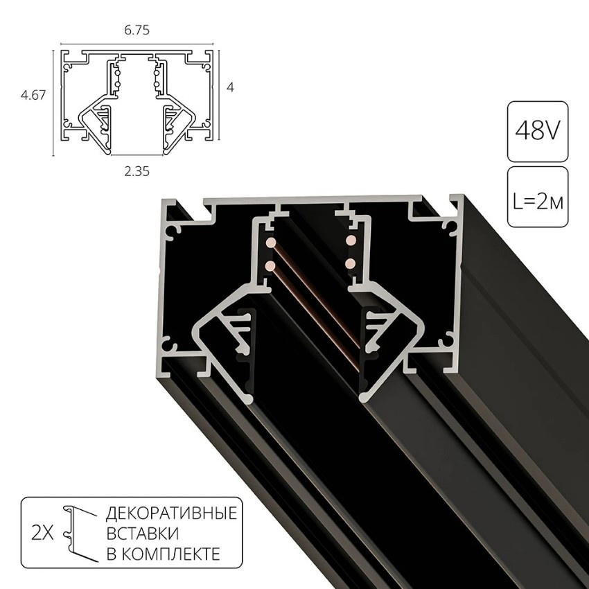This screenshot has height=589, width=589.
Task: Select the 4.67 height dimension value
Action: click(x=33, y=96)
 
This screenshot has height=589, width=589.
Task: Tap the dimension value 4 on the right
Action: click(x=231, y=88)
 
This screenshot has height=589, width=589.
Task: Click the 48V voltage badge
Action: click(x=537, y=132)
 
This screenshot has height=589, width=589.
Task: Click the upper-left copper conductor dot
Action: click(x=270, y=243)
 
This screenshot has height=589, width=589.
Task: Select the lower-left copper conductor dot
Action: click(x=270, y=265)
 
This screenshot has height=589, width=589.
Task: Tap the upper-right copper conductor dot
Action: click(x=351, y=240)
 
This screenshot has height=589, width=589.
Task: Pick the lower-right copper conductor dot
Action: click(x=351, y=263)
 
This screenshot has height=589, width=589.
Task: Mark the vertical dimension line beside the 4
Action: click(x=220, y=94)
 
